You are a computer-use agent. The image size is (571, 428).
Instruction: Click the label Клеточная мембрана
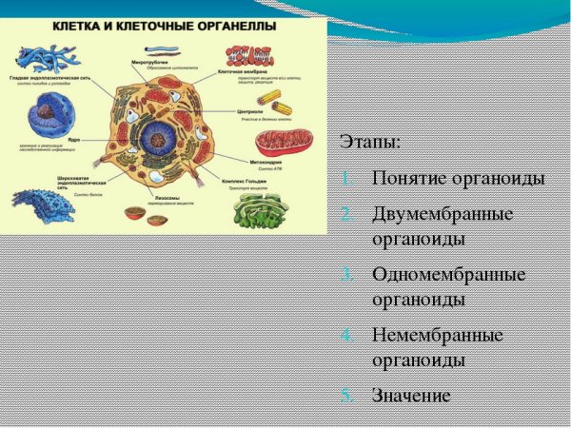[243, 71]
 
